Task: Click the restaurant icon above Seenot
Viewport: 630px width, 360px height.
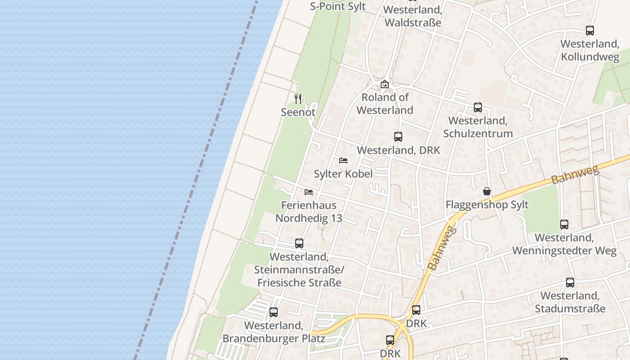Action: tap(298, 99)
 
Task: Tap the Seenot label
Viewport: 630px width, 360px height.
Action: tap(298, 112)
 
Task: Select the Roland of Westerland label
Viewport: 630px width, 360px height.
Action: tap(385, 103)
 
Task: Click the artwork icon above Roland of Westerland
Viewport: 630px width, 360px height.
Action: tap(385, 84)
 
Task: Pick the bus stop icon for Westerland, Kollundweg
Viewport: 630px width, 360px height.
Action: tap(590, 31)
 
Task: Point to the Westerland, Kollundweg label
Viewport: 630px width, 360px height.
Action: tap(590, 50)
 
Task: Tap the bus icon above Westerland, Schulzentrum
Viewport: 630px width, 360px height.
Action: tap(478, 108)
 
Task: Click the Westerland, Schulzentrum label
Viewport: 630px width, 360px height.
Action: tap(478, 127)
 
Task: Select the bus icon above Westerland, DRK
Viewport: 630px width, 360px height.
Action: tap(398, 137)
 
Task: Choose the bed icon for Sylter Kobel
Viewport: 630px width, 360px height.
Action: tap(343, 160)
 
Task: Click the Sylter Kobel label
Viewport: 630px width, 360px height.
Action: tap(343, 174)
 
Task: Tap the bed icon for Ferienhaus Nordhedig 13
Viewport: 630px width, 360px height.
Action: tap(309, 192)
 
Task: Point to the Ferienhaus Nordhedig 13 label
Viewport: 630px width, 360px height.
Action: tap(309, 212)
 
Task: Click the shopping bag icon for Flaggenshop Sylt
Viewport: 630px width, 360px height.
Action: tap(487, 191)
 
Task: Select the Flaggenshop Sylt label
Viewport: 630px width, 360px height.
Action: tap(487, 205)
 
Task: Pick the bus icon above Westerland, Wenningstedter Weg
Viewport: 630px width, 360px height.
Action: tap(564, 224)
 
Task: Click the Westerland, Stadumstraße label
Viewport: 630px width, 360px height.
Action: tap(570, 302)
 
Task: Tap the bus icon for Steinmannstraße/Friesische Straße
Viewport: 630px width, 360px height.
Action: tap(299, 243)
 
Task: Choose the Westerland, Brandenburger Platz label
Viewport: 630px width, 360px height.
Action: tap(274, 332)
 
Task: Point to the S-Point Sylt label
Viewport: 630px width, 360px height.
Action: tap(338, 7)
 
